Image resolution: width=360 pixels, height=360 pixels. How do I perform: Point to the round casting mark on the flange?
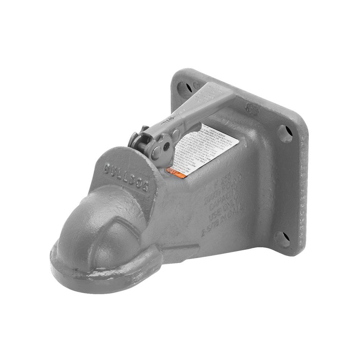pos(251,108)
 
